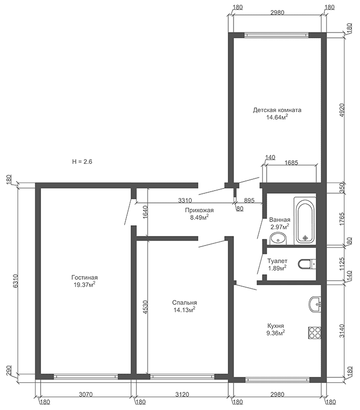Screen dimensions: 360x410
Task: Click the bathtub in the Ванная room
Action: [305, 221]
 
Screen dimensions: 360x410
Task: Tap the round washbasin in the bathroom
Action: [278, 239]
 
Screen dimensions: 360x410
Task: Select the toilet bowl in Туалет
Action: [307, 264]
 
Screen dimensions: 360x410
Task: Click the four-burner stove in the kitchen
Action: [314, 333]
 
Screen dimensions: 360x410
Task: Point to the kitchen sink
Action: [315, 304]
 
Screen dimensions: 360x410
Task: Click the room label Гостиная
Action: [84, 278]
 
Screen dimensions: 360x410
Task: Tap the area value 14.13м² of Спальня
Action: [185, 310]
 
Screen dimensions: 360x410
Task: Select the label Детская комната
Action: [277, 110]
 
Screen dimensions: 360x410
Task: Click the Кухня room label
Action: [276, 326]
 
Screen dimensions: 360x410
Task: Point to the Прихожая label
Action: [199, 210]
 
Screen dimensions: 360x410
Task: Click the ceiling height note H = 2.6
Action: [82, 162]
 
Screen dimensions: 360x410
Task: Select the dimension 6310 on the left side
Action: [15, 281]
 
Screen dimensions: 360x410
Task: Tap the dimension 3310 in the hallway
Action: [185, 200]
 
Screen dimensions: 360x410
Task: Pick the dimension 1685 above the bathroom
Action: [291, 163]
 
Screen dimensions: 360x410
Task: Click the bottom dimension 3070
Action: [86, 394]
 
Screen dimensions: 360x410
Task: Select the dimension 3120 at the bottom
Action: [182, 394]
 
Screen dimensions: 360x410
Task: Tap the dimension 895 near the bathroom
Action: [249, 200]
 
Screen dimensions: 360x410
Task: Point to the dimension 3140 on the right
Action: [342, 331]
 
